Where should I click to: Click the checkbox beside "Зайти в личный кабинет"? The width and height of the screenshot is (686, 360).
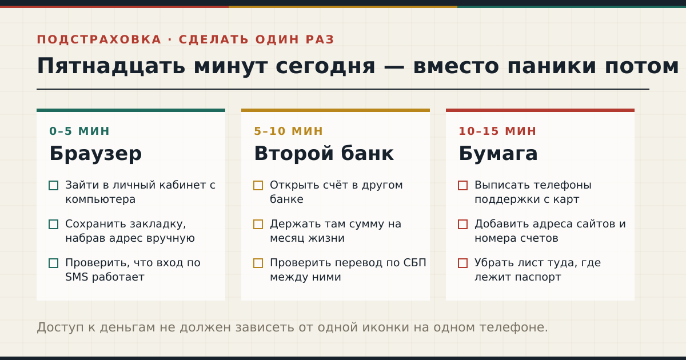[54, 186]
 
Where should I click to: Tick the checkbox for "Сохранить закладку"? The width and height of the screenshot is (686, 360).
[54, 225]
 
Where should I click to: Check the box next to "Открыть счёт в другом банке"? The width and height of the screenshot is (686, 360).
[258, 186]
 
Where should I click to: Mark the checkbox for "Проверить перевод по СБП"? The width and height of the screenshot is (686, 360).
[258, 263]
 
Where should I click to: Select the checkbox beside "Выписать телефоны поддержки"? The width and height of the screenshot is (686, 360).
[462, 186]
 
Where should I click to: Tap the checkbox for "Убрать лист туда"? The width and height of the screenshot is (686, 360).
[462, 263]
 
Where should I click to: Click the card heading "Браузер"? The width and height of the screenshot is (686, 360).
[95, 154]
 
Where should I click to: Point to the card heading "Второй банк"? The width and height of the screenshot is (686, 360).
[324, 153]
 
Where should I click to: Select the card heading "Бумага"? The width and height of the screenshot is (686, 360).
[498, 154]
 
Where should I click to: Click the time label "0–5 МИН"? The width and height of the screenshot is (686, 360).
[79, 131]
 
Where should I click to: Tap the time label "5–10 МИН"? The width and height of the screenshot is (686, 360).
[288, 131]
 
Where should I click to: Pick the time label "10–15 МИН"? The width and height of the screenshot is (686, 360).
[497, 131]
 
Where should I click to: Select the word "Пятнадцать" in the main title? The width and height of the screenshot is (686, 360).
[111, 66]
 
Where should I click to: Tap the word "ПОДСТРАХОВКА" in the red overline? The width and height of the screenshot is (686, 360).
[99, 40]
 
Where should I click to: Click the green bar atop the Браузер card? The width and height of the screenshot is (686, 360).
[131, 110]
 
